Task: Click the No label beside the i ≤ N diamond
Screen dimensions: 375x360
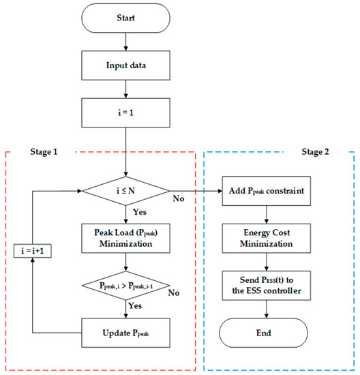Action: point(178,199)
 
